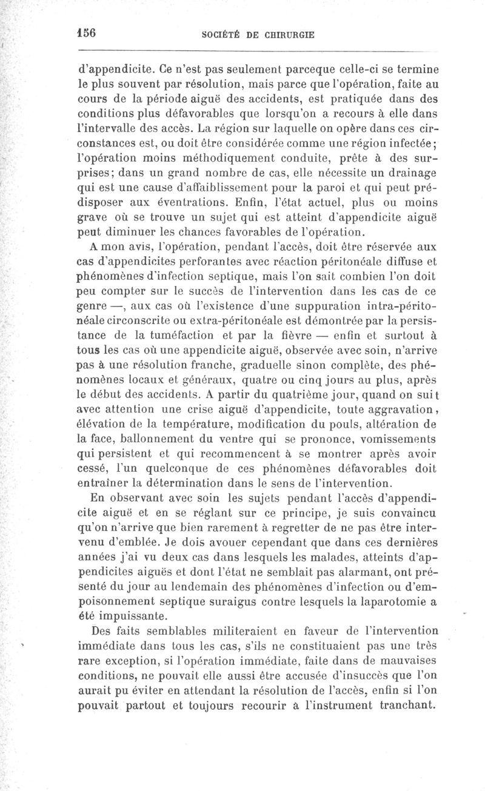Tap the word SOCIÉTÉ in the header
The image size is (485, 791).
coord(223,35)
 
